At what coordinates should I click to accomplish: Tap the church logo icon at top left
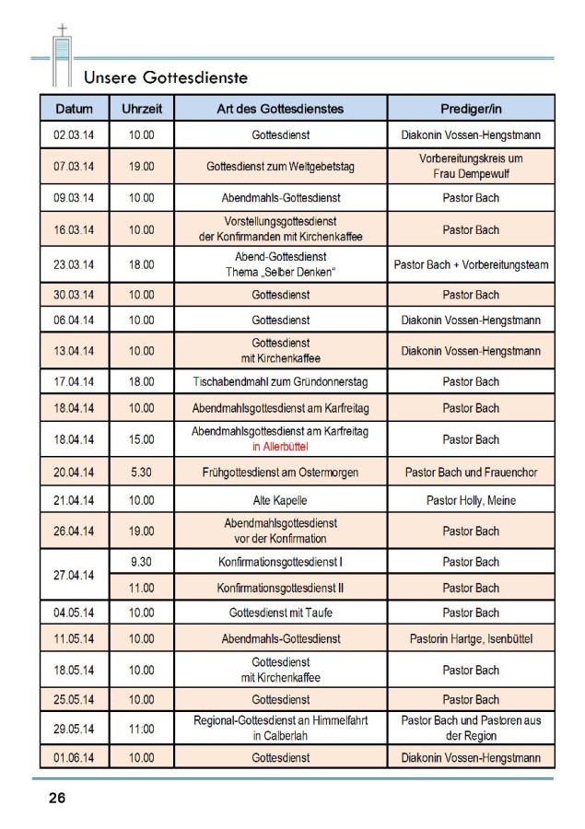[x=62, y=57]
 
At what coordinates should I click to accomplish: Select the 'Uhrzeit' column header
[x=142, y=109]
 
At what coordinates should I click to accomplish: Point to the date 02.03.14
[x=75, y=134]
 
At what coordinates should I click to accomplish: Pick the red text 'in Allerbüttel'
[x=280, y=447]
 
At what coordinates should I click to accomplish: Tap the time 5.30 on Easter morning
[x=142, y=473]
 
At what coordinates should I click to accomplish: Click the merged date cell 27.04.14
[x=75, y=575]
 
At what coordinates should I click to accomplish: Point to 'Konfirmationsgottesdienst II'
[x=280, y=588]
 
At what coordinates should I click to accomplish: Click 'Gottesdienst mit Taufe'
[x=280, y=613]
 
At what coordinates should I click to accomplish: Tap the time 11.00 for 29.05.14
[x=142, y=728]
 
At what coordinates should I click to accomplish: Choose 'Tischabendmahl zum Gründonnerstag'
[x=280, y=381]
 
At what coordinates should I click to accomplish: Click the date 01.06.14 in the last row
[x=75, y=758]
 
